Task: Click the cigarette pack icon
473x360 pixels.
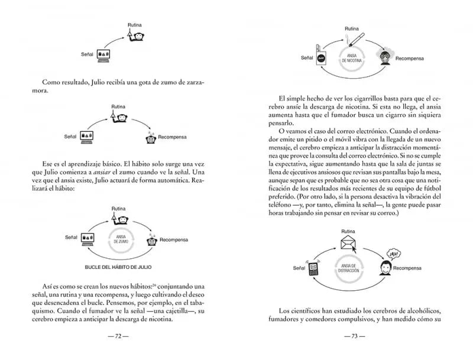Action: [x=322, y=56]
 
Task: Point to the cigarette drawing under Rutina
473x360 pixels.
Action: [x=355, y=40]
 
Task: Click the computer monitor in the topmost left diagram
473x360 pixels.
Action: [x=105, y=54]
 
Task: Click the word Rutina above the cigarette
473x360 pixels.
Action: [x=352, y=28]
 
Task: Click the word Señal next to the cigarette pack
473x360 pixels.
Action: [x=307, y=58]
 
